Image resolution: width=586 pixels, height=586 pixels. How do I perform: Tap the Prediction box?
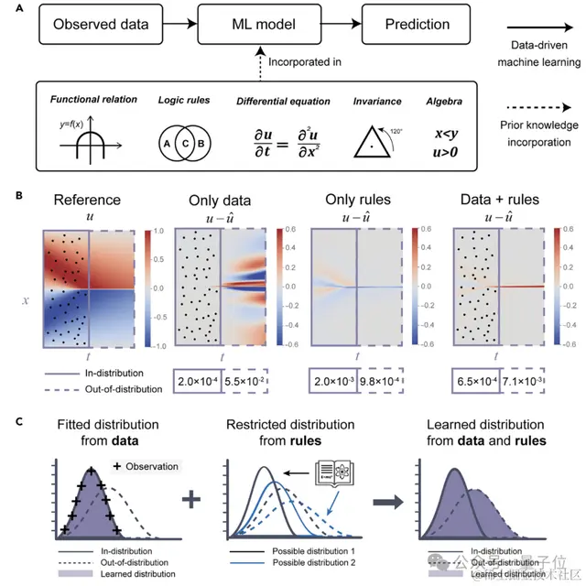click(408, 26)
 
